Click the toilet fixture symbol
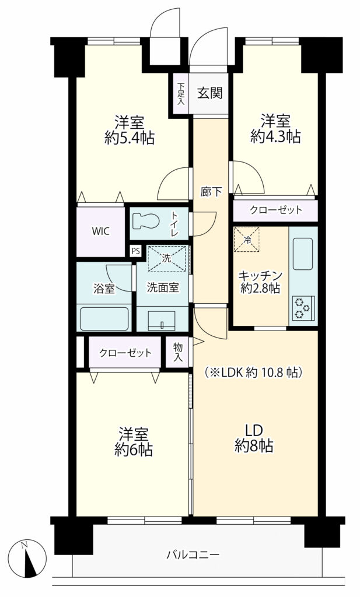coord(145,221)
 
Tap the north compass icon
coord(28,558)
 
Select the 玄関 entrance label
coord(209,93)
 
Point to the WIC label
coord(101,231)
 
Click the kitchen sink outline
coord(303,254)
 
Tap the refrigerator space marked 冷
coord(246,240)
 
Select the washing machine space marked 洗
coord(167,258)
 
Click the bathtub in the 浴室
coord(104,319)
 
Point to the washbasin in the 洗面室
coord(162,320)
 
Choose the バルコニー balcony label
coord(193,554)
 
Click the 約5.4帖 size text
coord(130,138)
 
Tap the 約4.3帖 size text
coord(275,136)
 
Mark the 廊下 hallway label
coord(211,192)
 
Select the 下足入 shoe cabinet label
coord(181,94)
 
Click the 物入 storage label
coord(177,352)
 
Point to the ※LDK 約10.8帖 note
coord(254,372)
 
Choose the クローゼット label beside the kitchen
coord(276,210)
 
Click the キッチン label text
coord(260,275)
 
